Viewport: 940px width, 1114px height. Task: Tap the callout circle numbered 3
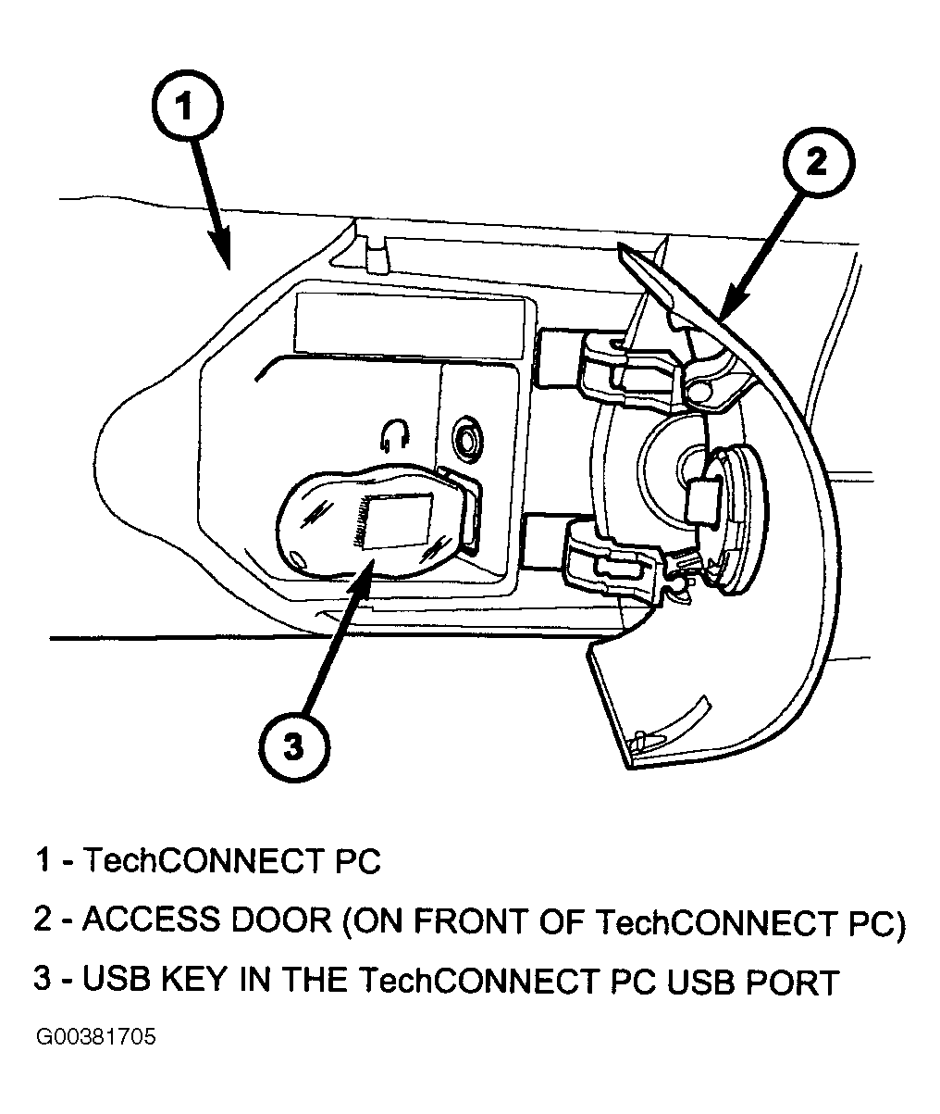tap(293, 746)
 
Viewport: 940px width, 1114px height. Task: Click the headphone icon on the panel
tap(395, 433)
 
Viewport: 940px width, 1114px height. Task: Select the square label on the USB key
tap(402, 521)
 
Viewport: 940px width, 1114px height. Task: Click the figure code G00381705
tap(95, 1035)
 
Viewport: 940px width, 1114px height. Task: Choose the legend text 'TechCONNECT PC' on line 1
tap(231, 861)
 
